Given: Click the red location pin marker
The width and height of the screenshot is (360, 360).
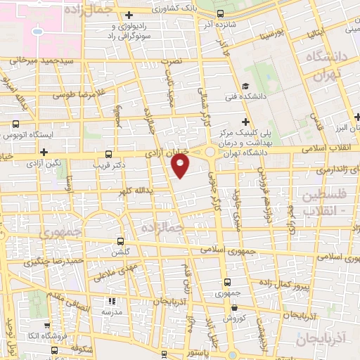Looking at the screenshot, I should (181, 165).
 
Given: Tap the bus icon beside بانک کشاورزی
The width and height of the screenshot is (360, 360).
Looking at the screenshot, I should (221, 13).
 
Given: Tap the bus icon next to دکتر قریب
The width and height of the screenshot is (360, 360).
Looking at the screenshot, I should (108, 153).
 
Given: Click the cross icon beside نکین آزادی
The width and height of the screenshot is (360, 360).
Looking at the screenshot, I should (44, 152).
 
